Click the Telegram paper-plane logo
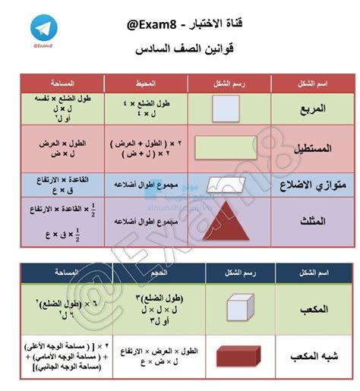coord(47,27)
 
